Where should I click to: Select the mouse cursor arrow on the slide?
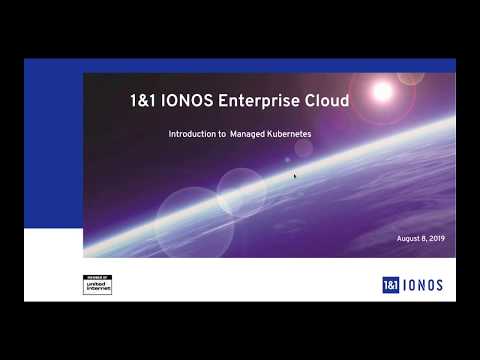click(x=294, y=175)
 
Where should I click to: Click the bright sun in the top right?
click(x=381, y=90)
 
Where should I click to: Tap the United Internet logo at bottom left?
click(x=97, y=283)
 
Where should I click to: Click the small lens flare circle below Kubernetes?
click(x=302, y=147)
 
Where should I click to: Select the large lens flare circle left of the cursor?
click(x=242, y=193)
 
